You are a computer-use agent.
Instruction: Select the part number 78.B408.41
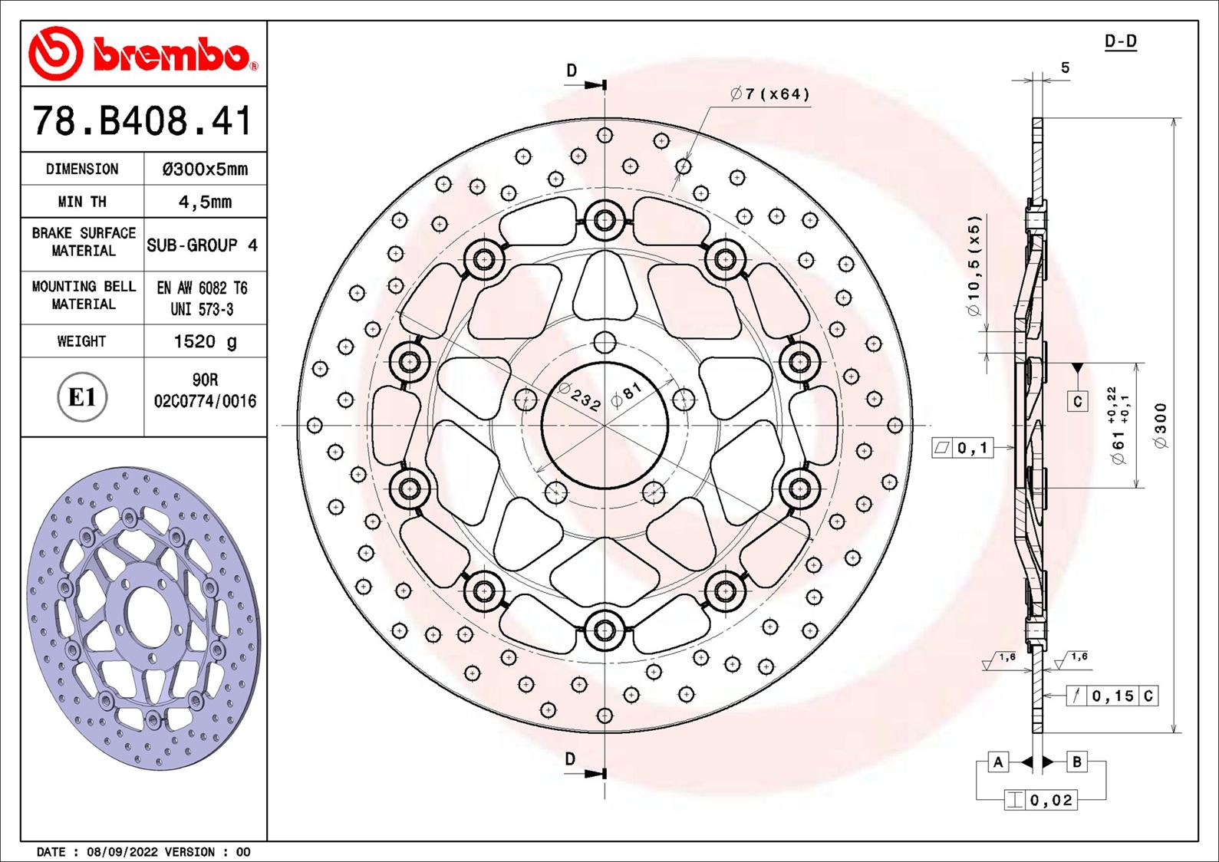coord(143,121)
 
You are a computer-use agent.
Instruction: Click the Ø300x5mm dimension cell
coord(205,169)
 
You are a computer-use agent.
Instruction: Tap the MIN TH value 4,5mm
coord(205,202)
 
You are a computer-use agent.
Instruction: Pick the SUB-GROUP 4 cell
coord(203,245)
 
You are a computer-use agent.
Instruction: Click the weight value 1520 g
coord(205,341)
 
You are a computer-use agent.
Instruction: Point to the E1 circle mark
coord(82,397)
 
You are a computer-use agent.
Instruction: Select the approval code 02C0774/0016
coord(205,401)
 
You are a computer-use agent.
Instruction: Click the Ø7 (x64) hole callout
coord(769,94)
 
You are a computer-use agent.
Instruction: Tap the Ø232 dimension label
coord(579,397)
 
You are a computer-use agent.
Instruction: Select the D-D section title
coord(1120,41)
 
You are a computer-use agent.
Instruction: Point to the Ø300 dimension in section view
coord(1160,426)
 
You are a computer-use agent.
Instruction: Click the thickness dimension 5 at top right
coord(1065,68)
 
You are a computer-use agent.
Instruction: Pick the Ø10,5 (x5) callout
coord(974,265)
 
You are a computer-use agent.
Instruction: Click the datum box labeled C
coord(1077,401)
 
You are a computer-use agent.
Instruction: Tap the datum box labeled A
coord(997,762)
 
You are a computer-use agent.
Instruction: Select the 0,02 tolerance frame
coord(1051,800)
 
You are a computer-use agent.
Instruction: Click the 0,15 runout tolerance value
coord(1112,696)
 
